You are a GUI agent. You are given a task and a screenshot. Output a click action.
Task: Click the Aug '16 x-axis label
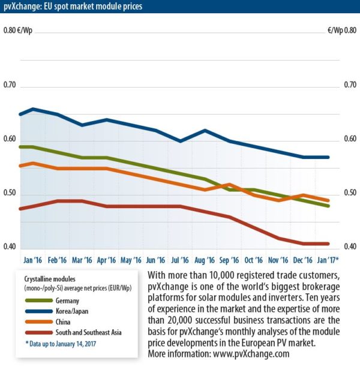pos(205,260)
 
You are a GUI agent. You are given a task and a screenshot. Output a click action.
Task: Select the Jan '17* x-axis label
pos(328,260)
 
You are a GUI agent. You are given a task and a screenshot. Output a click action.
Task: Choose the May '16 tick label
pos(131,260)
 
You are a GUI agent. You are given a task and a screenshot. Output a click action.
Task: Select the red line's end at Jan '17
pos(328,243)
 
